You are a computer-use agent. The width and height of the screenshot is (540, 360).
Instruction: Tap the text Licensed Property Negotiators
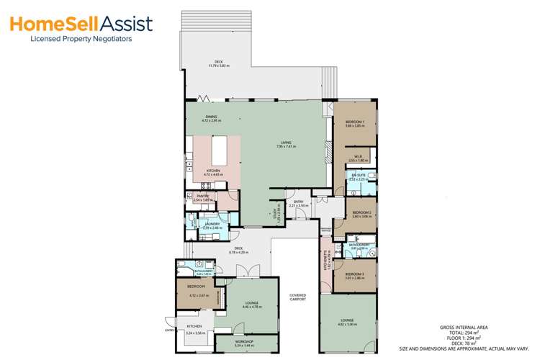pos(80,40)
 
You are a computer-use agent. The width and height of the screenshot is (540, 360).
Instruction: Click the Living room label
pos(285,144)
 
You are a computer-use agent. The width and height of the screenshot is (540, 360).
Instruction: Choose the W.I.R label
pos(358,158)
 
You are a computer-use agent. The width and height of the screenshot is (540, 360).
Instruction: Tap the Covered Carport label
pos(298,297)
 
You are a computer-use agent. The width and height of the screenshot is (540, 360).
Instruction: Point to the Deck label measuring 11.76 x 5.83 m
pos(217,64)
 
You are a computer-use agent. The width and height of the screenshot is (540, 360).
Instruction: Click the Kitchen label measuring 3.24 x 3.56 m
pos(195,331)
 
